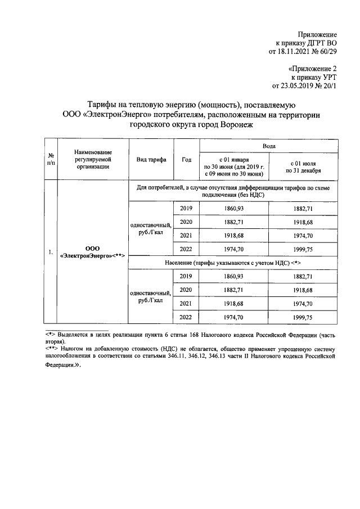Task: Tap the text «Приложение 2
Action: pos(312,69)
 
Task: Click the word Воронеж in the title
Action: pos(231,125)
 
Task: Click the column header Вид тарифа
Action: pos(151,159)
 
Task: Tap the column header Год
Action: pos(187,159)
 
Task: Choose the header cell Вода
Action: pos(269,146)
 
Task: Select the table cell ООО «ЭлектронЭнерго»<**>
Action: pos(92,251)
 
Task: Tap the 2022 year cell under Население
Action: pos(186,317)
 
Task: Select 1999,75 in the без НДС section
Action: pos(303,250)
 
